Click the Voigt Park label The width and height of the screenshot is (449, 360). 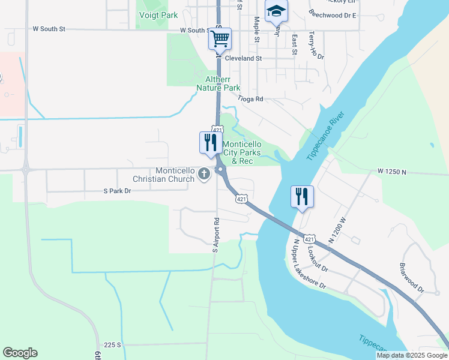click(x=158, y=15)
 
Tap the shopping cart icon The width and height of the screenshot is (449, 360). click(x=220, y=39)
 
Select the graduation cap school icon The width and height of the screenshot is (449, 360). click(x=276, y=11)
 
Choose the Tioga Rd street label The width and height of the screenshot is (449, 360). click(x=250, y=99)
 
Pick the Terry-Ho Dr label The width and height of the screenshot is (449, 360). click(x=316, y=46)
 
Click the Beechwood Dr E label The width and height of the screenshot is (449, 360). click(x=332, y=14)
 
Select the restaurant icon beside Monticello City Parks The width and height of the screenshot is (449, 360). click(x=210, y=143)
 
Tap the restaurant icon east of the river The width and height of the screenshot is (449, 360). click(x=301, y=196)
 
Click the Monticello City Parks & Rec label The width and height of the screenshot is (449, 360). click(x=242, y=153)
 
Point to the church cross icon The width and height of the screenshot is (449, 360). click(x=203, y=175)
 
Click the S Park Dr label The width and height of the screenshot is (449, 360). click(x=116, y=191)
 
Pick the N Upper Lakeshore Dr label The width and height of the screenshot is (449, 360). click(x=309, y=265)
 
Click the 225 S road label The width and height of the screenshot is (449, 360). click(x=112, y=345)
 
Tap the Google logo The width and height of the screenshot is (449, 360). click(x=20, y=353)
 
